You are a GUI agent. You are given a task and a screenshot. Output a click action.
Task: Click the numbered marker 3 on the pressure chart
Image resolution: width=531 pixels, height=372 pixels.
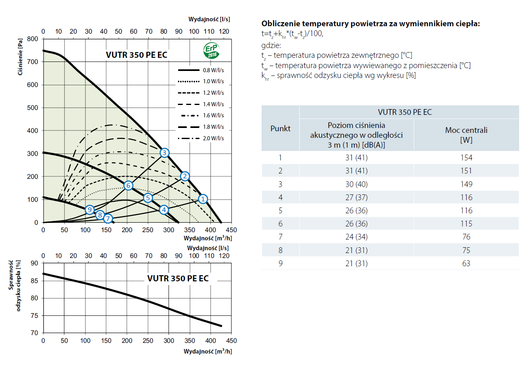[x=164, y=153]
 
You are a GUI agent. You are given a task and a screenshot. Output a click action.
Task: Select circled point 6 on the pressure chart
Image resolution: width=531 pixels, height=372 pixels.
[x=128, y=185]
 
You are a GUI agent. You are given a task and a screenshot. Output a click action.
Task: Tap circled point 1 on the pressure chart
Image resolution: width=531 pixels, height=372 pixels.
[x=203, y=199]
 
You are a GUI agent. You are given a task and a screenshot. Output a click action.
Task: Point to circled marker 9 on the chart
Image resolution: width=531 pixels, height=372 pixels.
[x=90, y=210]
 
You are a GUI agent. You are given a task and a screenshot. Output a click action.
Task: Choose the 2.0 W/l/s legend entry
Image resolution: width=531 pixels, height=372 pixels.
[x=201, y=138]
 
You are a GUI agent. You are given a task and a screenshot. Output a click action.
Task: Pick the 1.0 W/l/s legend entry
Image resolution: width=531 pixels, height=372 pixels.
[x=201, y=82]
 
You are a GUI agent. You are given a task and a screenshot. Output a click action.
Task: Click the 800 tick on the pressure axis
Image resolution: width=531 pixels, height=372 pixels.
[x=33, y=39]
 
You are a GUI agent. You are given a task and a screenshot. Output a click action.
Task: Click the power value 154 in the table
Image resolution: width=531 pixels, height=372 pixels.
[x=466, y=157]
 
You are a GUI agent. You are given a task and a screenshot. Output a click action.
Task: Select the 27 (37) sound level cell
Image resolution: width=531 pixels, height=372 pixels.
[x=356, y=197]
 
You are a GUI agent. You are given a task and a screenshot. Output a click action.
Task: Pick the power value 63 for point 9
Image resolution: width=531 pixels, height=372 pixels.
[x=466, y=263]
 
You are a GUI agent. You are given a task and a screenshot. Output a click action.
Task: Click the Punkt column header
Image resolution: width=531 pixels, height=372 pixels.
[x=280, y=128]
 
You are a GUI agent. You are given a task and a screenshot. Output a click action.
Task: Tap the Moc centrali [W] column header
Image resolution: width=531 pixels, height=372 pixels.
[x=466, y=135]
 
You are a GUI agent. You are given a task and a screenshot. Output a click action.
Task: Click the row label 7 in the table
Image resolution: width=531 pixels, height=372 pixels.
[x=280, y=237]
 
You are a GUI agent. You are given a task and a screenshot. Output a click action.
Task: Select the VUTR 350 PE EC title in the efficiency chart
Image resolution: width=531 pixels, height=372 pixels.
[x=178, y=278]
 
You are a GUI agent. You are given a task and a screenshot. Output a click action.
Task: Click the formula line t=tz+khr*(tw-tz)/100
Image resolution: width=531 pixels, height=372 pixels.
[x=292, y=34]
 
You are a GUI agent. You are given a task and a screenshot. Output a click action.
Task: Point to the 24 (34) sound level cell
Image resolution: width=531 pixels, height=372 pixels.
[x=356, y=237]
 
